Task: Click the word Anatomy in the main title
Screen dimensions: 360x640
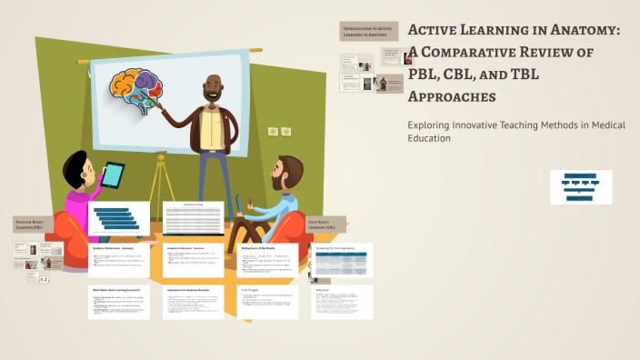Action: point(578,31)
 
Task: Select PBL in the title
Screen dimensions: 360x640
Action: point(426,75)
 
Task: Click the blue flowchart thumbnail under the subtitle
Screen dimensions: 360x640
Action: point(580,186)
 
